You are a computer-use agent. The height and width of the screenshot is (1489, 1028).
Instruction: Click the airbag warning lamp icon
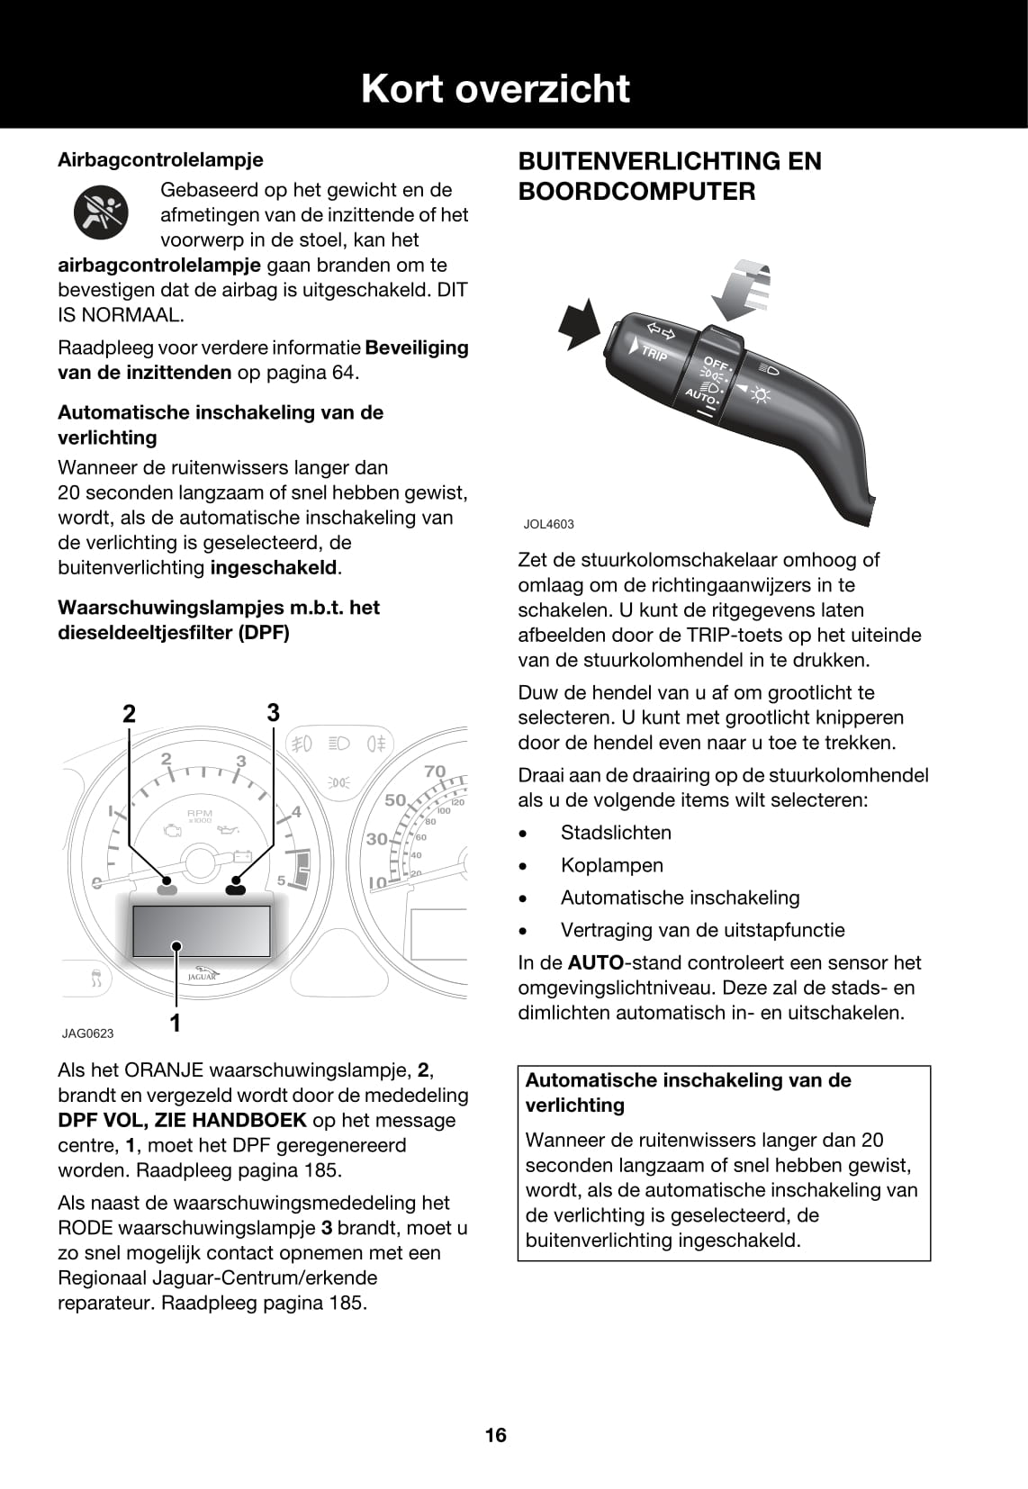pos(101,214)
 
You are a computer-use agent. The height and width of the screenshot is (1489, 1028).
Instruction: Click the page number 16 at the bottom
pos(495,1435)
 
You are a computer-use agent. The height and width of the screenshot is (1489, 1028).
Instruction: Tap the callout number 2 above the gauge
pos(130,714)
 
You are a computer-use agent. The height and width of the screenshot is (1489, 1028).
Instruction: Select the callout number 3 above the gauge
pos(274,712)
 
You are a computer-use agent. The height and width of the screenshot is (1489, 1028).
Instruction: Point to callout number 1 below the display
pos(176,1023)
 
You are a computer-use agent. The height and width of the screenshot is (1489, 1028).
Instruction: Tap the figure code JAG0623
pos(87,1033)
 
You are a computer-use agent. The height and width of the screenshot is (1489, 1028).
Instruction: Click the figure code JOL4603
pos(548,524)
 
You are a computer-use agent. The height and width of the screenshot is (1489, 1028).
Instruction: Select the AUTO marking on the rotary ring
pos(700,396)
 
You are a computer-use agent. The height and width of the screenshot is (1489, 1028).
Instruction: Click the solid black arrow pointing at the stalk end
pos(578,324)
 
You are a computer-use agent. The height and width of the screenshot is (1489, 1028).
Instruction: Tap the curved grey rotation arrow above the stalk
pos(742,288)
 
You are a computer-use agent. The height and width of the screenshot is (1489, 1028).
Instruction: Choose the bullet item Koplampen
pos(611,865)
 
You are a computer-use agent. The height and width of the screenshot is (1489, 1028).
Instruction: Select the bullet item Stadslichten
pos(616,833)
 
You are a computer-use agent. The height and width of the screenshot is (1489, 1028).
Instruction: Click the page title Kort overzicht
pos(495,88)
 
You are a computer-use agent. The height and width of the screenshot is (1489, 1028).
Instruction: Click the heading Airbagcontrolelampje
pos(160,159)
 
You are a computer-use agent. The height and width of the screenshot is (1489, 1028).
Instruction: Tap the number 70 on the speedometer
pos(435,772)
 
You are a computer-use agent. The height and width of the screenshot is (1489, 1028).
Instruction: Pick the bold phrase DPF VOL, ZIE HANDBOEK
pos(182,1120)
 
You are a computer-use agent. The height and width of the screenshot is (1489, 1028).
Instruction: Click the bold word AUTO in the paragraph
pos(595,962)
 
